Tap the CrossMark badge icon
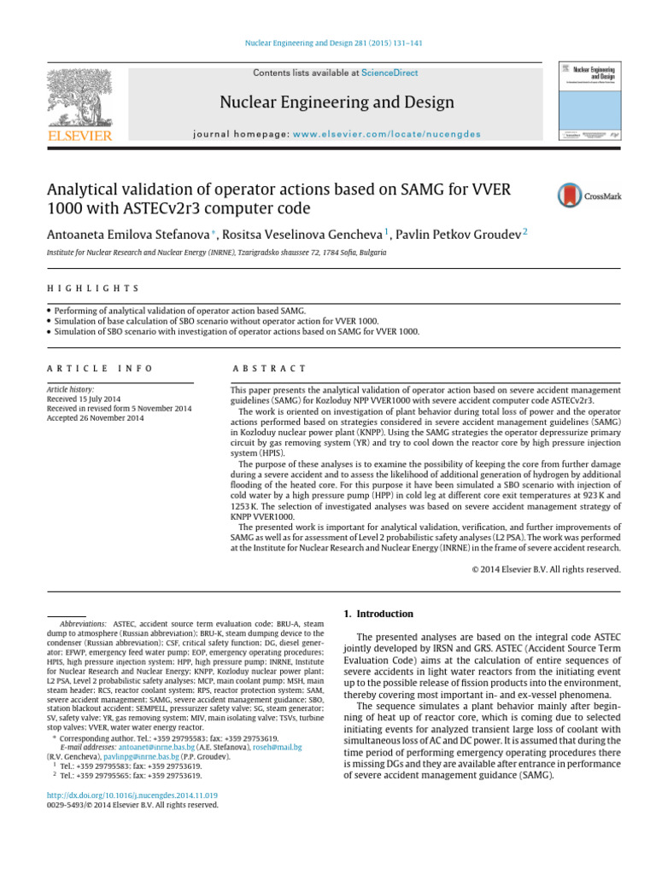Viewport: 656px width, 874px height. click(569, 195)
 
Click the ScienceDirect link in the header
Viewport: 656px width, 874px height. click(389, 73)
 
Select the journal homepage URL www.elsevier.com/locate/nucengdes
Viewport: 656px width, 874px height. click(387, 134)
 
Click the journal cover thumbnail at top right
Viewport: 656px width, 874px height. click(589, 100)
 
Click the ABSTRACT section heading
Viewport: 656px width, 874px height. click(268, 368)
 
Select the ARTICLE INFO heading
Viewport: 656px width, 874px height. click(99, 368)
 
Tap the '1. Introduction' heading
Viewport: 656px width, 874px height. click(378, 614)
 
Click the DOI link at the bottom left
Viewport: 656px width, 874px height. click(126, 794)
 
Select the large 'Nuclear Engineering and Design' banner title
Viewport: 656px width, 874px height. click(337, 103)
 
